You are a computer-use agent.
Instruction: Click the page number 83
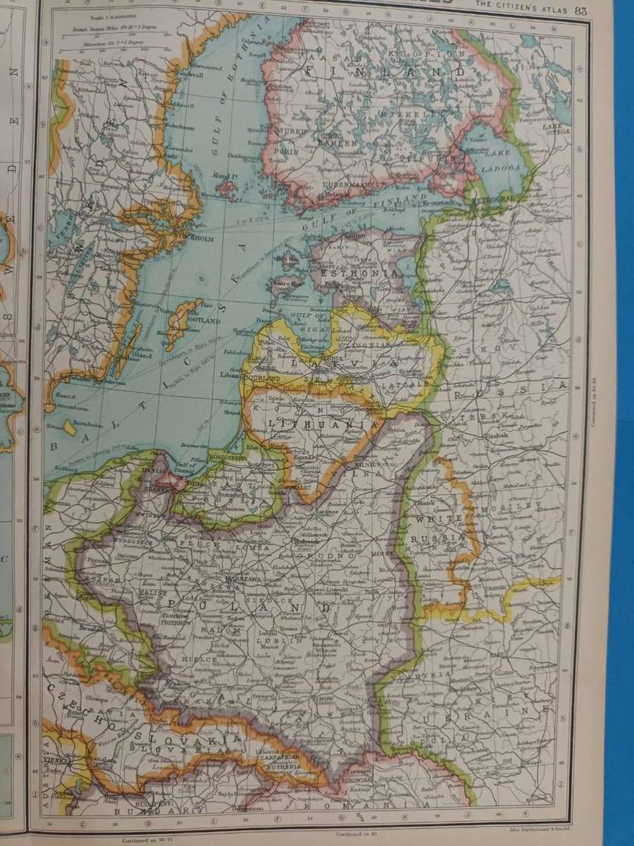point(581,11)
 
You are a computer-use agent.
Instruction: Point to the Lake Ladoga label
point(501,162)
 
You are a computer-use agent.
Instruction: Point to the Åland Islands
point(226,188)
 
